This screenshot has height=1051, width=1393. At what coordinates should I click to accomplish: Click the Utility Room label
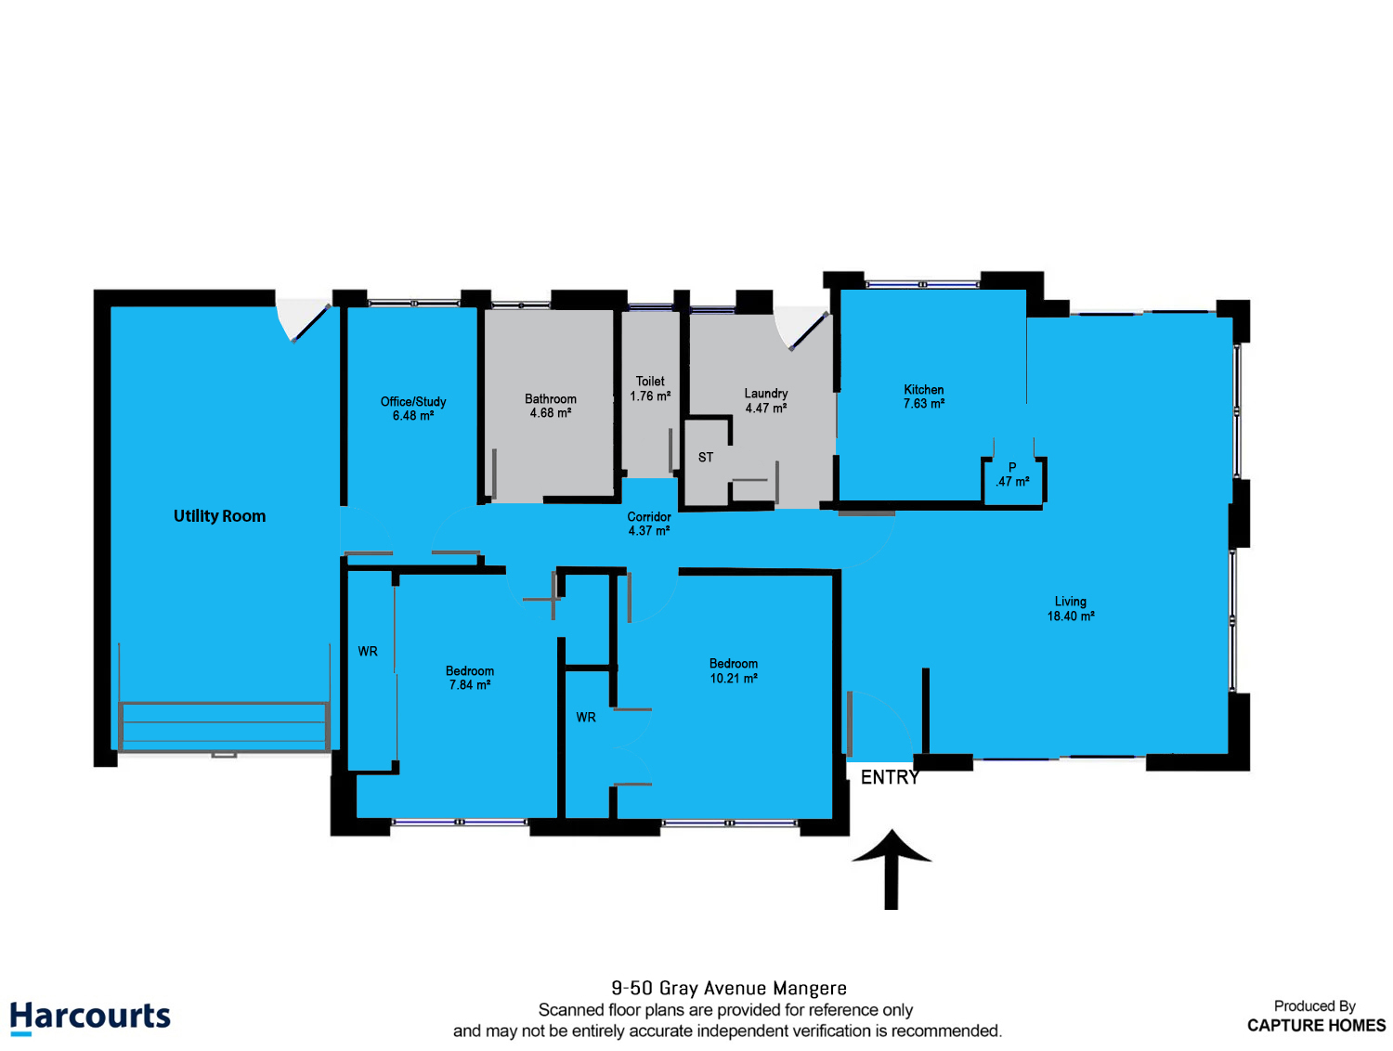pyautogui.click(x=219, y=515)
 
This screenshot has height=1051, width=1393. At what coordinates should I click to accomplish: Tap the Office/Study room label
pyautogui.click(x=413, y=409)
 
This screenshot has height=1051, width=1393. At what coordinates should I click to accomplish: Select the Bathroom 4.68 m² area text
pyautogui.click(x=550, y=406)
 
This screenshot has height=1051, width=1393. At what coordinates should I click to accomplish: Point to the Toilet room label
pyautogui.click(x=650, y=388)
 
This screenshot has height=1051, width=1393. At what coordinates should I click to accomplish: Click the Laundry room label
pyautogui.click(x=766, y=400)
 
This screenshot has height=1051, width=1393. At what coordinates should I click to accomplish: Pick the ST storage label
pyautogui.click(x=706, y=458)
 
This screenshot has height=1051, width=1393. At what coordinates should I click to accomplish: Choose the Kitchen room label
pyautogui.click(x=923, y=396)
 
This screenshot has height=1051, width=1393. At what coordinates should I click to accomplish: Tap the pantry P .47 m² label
pyautogui.click(x=1012, y=474)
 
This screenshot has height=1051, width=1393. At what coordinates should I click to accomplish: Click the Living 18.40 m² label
pyautogui.click(x=1070, y=608)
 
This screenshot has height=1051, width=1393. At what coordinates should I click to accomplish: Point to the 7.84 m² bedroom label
pyautogui.click(x=470, y=678)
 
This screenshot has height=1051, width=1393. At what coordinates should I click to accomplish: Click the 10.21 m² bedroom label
pyautogui.click(x=733, y=670)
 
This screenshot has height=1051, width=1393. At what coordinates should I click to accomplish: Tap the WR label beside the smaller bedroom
pyautogui.click(x=368, y=652)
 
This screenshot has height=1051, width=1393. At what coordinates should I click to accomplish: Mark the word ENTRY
pyautogui.click(x=890, y=777)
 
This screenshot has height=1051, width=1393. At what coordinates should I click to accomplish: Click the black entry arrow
pyautogui.click(x=891, y=869)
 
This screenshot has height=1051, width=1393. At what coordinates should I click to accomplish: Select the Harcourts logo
pyautogui.click(x=90, y=1018)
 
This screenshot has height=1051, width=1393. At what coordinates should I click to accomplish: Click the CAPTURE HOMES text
pyautogui.click(x=1316, y=1026)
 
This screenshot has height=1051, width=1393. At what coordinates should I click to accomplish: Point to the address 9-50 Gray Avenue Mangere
pyautogui.click(x=729, y=988)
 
